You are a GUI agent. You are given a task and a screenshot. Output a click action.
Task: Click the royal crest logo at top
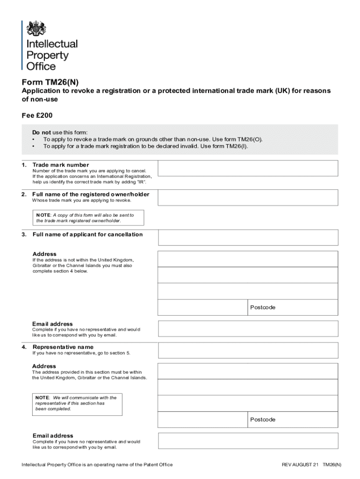coord(36,29)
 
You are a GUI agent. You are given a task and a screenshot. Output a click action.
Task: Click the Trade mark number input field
coord(248,168)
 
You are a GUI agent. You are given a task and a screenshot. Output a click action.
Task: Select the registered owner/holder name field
coord(248,197)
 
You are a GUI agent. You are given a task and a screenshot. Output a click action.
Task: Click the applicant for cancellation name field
coord(248,237)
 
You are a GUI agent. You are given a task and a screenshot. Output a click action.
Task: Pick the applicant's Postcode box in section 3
coord(292,307)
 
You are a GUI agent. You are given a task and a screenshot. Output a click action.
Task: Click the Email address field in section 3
coord(248,328)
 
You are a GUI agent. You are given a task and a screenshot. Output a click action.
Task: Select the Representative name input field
coord(248,350)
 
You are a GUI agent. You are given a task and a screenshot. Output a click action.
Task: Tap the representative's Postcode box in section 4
coord(292,420)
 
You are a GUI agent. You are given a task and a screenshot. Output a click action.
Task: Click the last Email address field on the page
coord(248,441)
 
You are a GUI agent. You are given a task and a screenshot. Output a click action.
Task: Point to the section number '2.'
coord(24,194)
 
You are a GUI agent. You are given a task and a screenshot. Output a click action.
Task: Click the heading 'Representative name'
coord(63,347)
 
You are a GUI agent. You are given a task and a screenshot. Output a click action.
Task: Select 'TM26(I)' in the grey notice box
coord(236,146)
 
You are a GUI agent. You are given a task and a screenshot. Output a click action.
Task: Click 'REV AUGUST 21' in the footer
coord(300,464)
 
